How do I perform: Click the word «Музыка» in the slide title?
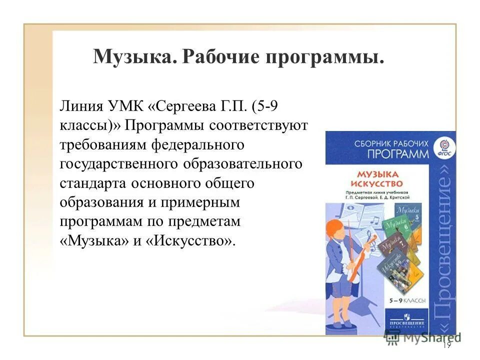click(132, 56)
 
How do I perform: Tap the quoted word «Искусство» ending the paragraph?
click(187, 241)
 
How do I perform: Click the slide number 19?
click(446, 345)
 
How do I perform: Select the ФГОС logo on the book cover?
click(442, 147)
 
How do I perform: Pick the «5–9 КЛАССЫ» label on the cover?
click(407, 300)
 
